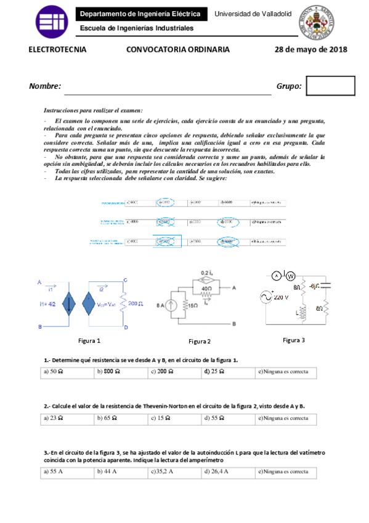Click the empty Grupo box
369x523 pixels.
[x=330, y=86]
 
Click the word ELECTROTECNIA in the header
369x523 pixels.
[x=58, y=50]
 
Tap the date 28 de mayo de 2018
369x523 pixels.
[x=310, y=50]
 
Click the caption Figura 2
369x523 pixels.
[x=200, y=341]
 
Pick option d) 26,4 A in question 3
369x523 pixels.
[x=216, y=471]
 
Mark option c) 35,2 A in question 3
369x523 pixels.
[x=162, y=471]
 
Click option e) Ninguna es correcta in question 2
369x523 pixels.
[x=283, y=418]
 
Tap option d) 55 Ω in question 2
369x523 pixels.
[x=214, y=418]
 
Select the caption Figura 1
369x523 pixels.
[x=89, y=340]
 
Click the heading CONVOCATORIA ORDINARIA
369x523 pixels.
[x=178, y=50]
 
